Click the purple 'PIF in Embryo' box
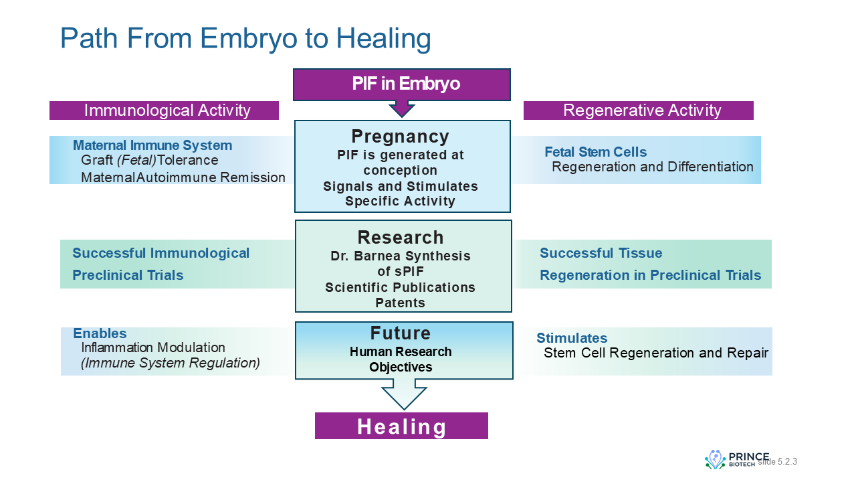click(x=402, y=84)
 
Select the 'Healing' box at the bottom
click(x=401, y=426)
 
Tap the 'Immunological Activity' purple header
click(x=164, y=110)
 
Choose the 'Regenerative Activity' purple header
click(x=638, y=110)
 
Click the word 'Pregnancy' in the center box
click(x=400, y=137)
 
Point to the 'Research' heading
click(x=400, y=237)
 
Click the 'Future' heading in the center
click(x=401, y=333)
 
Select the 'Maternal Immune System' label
click(x=152, y=145)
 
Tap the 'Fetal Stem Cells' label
click(x=595, y=152)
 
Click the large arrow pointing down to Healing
click(x=403, y=395)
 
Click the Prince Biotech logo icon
click(x=715, y=459)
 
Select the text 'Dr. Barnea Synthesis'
click(x=400, y=256)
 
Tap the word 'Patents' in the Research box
click(x=400, y=303)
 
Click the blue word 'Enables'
click(x=100, y=333)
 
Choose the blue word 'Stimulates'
click(x=572, y=338)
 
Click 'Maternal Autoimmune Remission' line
click(x=183, y=177)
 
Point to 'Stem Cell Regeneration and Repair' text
click(x=655, y=353)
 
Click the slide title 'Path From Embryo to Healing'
click(x=245, y=38)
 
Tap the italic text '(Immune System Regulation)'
click(x=170, y=363)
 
